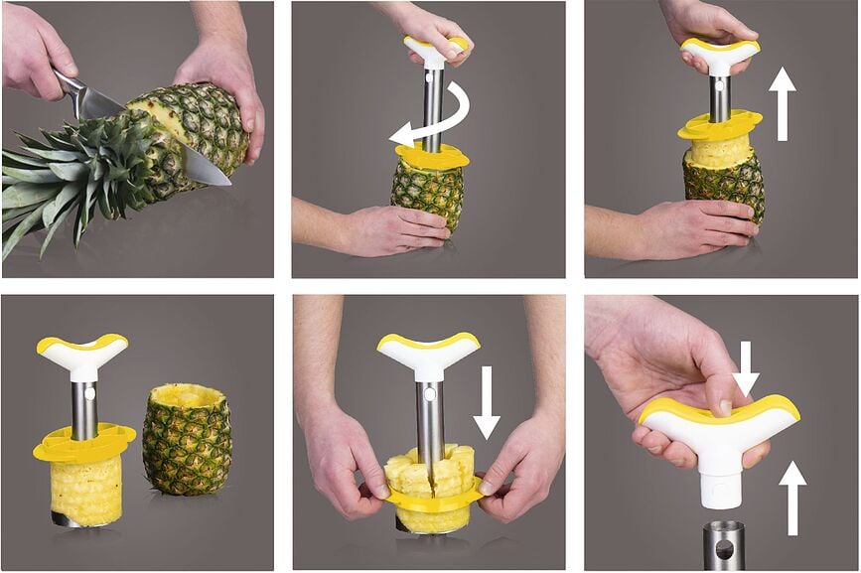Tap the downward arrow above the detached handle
[746, 368]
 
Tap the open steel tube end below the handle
[724, 544]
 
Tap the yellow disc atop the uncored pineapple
[432, 157]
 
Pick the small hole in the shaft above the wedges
[428, 394]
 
